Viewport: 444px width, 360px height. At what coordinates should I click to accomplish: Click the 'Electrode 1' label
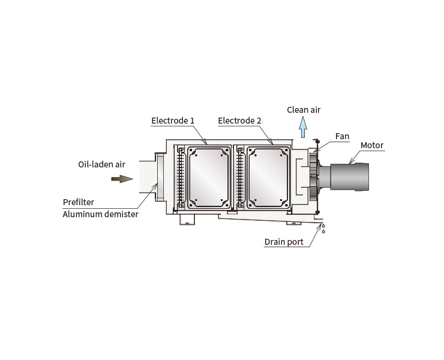point(173,121)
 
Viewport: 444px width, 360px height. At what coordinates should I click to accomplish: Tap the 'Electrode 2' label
point(239,121)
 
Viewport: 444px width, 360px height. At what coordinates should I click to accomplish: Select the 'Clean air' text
point(304,110)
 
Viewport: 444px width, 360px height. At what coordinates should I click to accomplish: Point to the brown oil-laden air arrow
point(122,179)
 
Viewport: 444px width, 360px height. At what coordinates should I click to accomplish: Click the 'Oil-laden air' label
point(101,164)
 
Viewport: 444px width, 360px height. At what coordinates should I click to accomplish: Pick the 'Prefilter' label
point(79,202)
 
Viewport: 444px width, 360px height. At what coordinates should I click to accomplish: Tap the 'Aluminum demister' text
point(101,214)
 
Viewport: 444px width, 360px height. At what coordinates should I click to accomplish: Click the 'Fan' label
point(342,136)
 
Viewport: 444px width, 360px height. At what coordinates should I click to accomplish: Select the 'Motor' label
point(372,145)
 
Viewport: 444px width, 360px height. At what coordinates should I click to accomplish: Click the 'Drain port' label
point(284,242)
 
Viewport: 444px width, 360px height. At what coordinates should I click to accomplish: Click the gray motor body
point(349,177)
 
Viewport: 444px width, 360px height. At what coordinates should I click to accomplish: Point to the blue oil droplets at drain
point(323,229)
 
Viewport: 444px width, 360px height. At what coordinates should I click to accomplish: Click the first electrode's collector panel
point(209,178)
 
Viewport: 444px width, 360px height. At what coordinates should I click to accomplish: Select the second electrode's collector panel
point(268,178)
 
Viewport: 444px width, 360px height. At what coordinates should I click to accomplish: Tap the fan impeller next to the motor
point(314,177)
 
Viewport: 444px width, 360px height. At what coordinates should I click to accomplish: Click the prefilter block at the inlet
point(160,177)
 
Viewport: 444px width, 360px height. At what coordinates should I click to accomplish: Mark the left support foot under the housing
point(187,220)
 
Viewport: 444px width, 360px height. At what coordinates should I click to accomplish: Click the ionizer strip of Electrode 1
point(181,178)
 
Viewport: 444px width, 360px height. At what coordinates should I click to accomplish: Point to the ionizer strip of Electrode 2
point(240,178)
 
